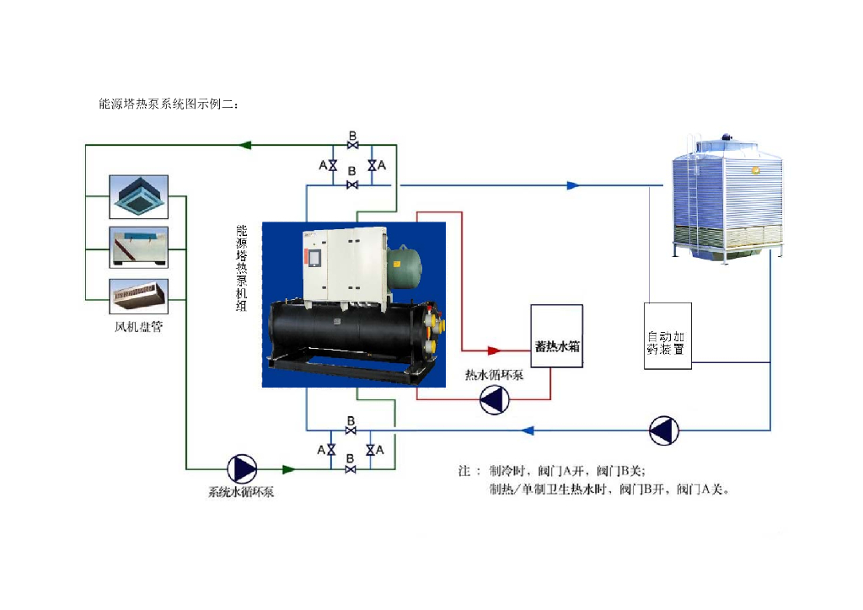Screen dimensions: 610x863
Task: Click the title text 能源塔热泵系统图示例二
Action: tap(169, 105)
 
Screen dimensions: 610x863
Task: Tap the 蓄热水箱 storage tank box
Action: tap(556, 346)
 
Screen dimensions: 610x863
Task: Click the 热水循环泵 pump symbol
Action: tap(495, 399)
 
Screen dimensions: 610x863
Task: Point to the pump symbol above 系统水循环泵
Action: tap(243, 468)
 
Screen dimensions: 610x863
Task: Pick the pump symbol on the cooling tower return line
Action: tap(664, 431)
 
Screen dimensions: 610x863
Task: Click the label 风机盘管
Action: tap(139, 325)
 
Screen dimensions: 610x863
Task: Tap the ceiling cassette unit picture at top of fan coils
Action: tap(139, 197)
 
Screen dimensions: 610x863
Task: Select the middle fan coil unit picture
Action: tap(139, 248)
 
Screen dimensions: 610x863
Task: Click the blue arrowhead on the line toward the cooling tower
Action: tap(573, 185)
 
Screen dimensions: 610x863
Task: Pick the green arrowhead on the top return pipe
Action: tap(246, 145)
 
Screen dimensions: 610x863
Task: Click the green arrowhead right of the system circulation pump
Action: tap(289, 468)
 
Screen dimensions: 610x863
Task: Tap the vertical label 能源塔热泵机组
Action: tap(242, 269)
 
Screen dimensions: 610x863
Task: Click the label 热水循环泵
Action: tap(495, 375)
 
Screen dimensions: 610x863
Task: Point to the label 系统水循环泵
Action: tap(241, 492)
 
